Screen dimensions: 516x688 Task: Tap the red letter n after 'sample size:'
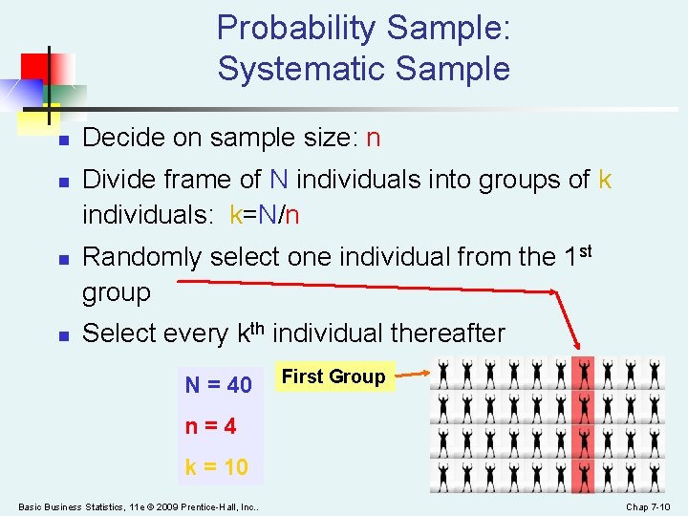373,139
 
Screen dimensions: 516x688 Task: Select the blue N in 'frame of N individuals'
279,180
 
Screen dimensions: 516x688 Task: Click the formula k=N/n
265,215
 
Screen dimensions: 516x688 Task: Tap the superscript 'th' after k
264,327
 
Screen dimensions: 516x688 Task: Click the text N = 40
218,385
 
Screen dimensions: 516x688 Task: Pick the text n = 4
210,426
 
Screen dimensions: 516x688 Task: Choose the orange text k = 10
216,467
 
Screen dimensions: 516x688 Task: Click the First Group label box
333,376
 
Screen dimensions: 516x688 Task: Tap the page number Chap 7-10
649,506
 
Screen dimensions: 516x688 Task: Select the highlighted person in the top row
583,374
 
